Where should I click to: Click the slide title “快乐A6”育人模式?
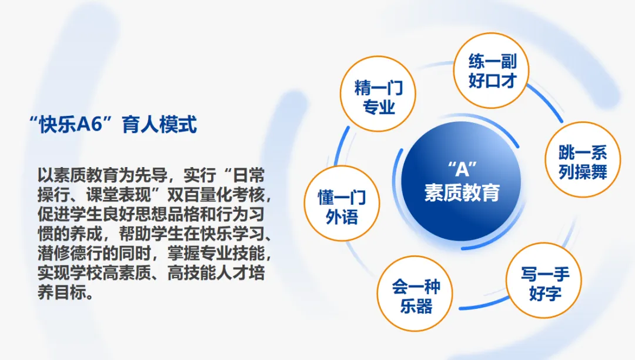(x=113, y=124)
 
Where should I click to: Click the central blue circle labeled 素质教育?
(x=462, y=181)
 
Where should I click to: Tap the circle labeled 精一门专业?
(x=378, y=94)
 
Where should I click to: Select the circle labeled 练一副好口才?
(x=491, y=71)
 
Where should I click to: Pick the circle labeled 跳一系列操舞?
(x=582, y=159)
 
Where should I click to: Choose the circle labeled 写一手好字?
(x=544, y=280)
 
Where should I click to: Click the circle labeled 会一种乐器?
(x=415, y=293)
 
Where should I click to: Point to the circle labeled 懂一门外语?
(x=342, y=204)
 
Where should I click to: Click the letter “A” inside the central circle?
(x=462, y=169)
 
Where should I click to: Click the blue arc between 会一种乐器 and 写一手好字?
(x=483, y=305)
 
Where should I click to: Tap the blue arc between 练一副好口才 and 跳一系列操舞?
(x=546, y=102)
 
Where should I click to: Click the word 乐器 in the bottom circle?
(x=416, y=306)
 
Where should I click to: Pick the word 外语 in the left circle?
(x=342, y=216)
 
